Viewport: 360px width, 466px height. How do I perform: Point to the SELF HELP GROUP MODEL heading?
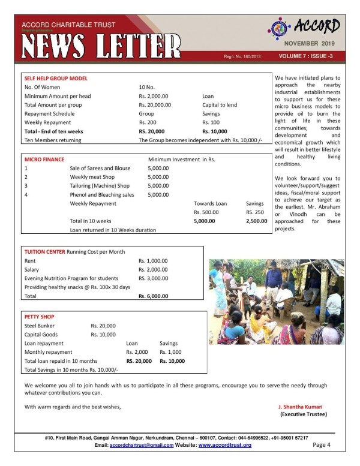(x=56, y=79)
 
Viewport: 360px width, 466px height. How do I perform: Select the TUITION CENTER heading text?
(x=46, y=251)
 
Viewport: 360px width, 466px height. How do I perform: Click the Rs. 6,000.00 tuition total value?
(x=153, y=296)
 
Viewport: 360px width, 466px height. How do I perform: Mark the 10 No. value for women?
(x=148, y=88)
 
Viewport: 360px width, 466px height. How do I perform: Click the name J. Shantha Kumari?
(x=303, y=407)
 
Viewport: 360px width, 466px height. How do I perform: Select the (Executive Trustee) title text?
(x=304, y=414)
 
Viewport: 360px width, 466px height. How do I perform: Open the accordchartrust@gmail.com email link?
(x=141, y=446)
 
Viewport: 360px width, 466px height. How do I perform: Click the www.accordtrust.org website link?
(x=224, y=446)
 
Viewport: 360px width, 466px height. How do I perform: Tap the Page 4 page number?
(x=322, y=445)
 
